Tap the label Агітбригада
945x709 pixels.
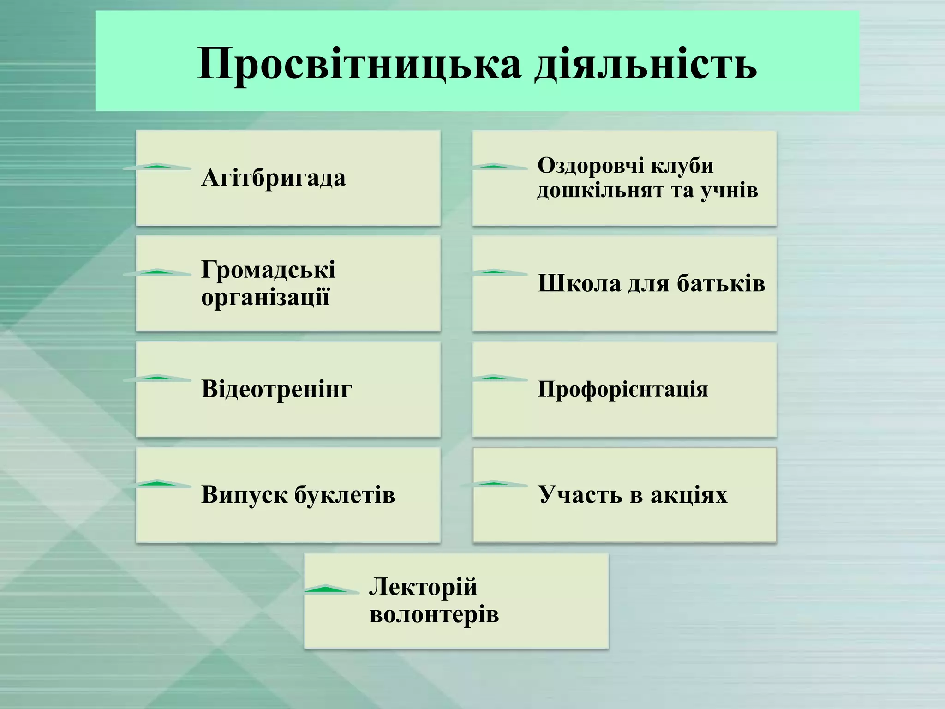pos(273,178)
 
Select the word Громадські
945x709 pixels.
pos(268,270)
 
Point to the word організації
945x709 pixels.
pos(265,297)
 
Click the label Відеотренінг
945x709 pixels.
pos(276,389)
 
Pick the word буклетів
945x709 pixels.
pos(345,494)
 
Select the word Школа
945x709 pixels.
pos(579,283)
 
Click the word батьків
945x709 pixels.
pos(721,283)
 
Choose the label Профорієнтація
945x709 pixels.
pos(622,389)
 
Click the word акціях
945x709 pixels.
pos(688,494)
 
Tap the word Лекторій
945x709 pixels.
pos(423,587)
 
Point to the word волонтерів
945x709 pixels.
pos(434,614)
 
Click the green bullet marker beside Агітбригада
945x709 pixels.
pos(157,167)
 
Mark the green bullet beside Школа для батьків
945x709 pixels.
pos(494,272)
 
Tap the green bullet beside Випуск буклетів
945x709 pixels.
pos(157,484)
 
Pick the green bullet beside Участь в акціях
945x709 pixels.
pos(494,484)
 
